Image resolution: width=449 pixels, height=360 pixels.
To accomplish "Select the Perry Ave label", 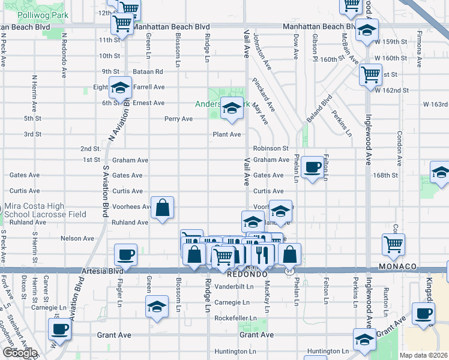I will (179, 119).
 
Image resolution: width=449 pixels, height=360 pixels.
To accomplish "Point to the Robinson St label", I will (271, 148).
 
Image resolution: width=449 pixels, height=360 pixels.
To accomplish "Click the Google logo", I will (19, 353).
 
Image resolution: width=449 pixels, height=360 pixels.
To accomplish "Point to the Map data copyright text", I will (424, 355).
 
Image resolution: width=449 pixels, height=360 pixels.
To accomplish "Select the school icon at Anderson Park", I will (232, 109).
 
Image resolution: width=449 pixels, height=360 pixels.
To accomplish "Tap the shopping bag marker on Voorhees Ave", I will (163, 208).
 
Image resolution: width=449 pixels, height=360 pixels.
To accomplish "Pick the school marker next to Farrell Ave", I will (120, 88).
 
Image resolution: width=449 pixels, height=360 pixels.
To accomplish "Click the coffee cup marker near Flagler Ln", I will (126, 254).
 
